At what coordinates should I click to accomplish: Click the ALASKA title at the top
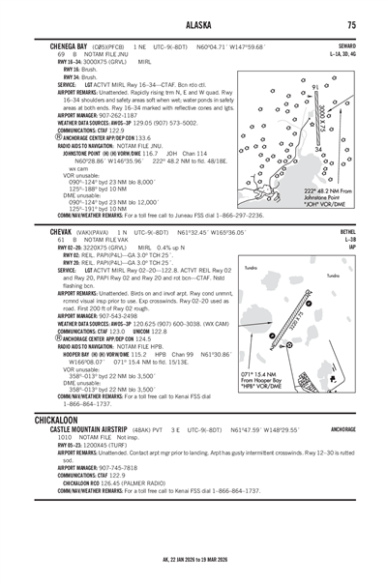click(193, 24)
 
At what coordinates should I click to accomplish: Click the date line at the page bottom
click(193, 561)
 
